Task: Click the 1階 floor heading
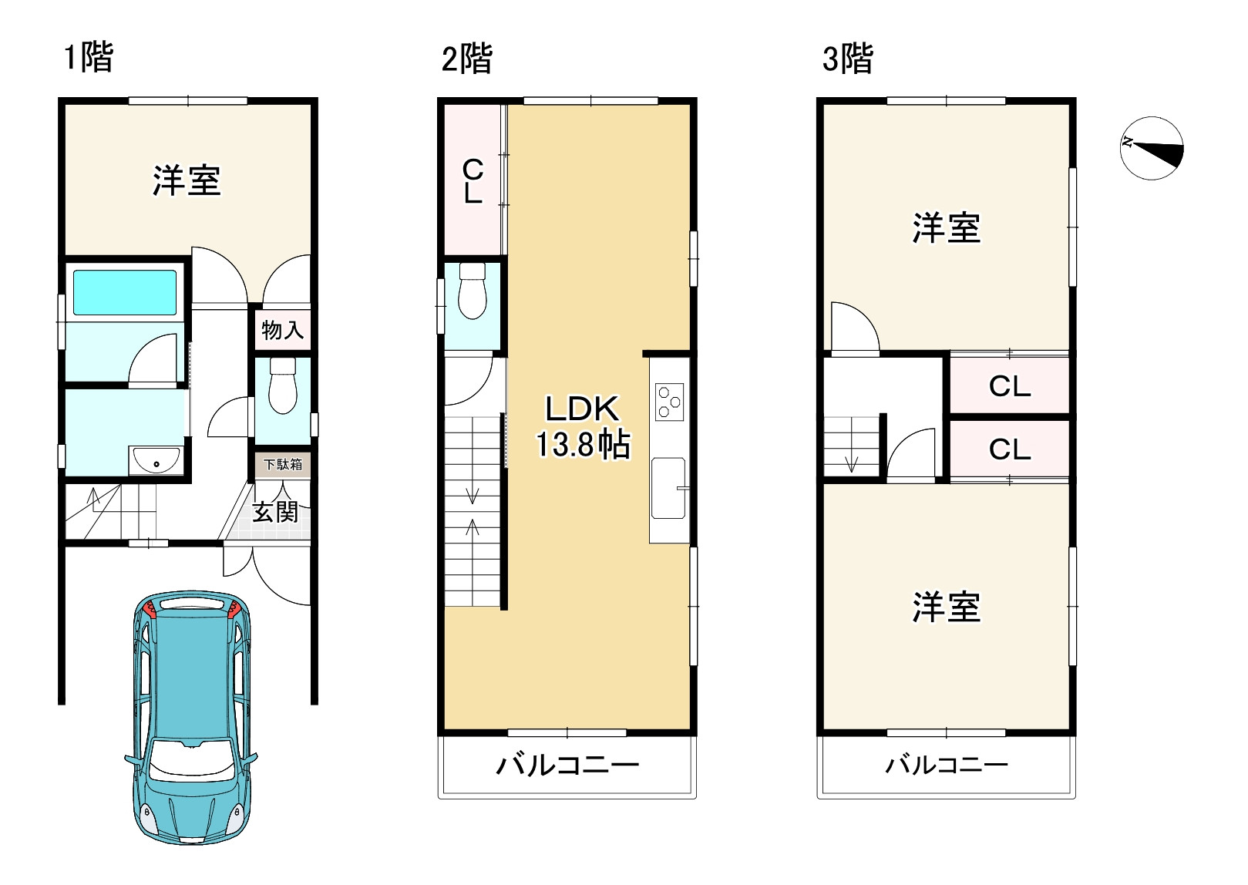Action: point(89,58)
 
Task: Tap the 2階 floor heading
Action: point(466,59)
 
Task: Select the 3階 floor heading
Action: point(847,59)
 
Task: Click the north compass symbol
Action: point(1152,148)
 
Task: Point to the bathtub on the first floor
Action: point(125,292)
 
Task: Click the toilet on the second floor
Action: point(472,291)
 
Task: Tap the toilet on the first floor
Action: point(283,386)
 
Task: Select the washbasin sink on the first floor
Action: point(156,461)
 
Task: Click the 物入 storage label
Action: point(282,330)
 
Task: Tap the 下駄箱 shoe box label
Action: point(283,464)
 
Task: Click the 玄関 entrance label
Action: point(275,511)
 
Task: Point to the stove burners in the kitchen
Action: point(669,402)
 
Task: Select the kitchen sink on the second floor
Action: point(668,488)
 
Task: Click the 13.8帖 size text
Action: point(583,445)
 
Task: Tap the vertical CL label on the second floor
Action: point(473,181)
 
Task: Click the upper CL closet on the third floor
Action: point(1009,385)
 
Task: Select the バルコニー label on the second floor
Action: point(567,766)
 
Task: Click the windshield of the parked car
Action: point(191,760)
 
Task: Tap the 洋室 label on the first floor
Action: point(186,180)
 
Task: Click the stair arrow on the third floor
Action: point(852,463)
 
